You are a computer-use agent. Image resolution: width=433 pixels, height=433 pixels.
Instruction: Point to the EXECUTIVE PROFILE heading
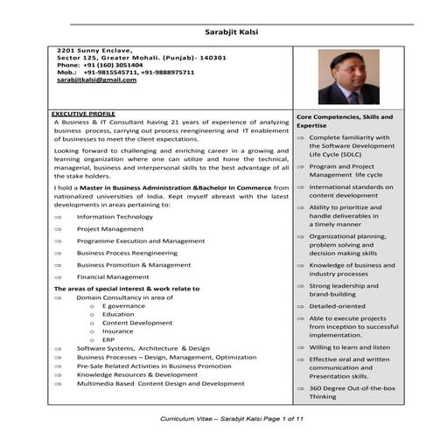tap(83, 114)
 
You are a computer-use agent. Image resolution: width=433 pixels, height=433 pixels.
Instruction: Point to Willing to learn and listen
tap(349, 347)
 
